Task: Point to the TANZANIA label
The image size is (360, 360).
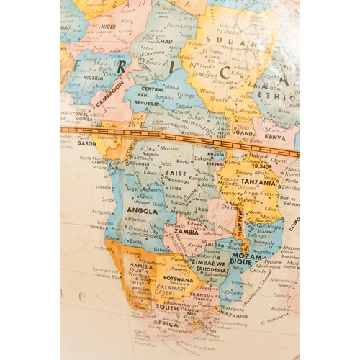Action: click(x=258, y=183)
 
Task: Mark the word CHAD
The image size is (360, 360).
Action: click(x=163, y=41)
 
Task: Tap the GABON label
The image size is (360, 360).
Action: click(x=87, y=143)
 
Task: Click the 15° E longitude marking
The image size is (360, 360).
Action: click(x=134, y=125)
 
